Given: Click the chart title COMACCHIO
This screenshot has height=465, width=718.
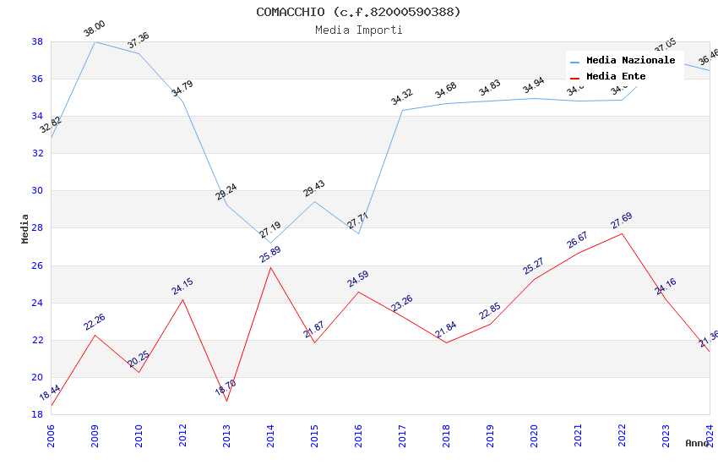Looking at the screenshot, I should pyautogui.click(x=358, y=12).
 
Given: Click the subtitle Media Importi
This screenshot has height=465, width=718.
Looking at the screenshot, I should pyautogui.click(x=358, y=30).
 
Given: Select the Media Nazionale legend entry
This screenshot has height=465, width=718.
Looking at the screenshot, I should pyautogui.click(x=630, y=60).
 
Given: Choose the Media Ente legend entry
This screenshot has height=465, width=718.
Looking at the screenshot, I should pyautogui.click(x=616, y=76).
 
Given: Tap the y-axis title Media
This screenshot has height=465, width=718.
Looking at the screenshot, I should pyautogui.click(x=25, y=228).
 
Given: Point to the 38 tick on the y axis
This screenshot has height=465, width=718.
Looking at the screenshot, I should pyautogui.click(x=37, y=41).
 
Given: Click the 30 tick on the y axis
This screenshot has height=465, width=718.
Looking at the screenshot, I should pyautogui.click(x=37, y=191).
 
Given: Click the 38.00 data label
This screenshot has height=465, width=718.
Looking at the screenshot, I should pyautogui.click(x=95, y=30).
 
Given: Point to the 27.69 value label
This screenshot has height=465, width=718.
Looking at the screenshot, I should pyautogui.click(x=622, y=222).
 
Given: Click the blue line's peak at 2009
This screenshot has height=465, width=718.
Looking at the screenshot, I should pyautogui.click(x=95, y=41).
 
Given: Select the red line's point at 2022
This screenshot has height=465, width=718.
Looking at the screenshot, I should pyautogui.click(x=622, y=233).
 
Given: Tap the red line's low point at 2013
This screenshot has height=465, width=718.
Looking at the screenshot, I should pyautogui.click(x=226, y=401).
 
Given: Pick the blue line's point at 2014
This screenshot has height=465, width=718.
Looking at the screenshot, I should pyautogui.click(x=270, y=243).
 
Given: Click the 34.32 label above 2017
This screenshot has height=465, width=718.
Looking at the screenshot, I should pyautogui.click(x=402, y=98).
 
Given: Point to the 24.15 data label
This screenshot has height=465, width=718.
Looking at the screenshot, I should pyautogui.click(x=182, y=287).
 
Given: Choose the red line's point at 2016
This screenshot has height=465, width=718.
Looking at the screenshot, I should pyautogui.click(x=358, y=292).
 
